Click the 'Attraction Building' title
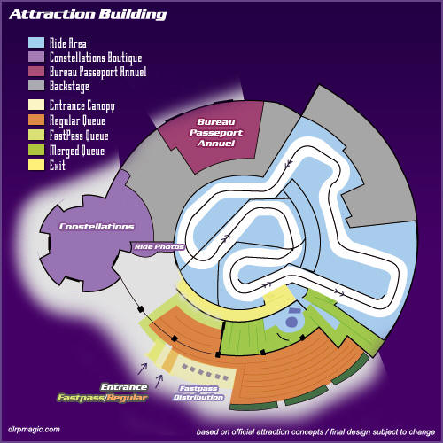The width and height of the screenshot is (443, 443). [x=88, y=14]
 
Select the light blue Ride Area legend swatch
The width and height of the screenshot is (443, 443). [x=36, y=43]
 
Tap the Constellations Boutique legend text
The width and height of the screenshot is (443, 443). [x=96, y=58]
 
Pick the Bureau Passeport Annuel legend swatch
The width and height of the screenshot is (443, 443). [x=36, y=71]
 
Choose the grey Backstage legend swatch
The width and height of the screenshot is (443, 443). [x=36, y=85]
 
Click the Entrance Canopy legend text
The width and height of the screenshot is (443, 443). [x=82, y=106]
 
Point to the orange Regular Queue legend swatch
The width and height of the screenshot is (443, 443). [x=36, y=120]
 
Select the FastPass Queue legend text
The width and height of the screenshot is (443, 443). [x=79, y=136]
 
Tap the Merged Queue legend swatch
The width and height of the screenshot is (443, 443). [x=36, y=150]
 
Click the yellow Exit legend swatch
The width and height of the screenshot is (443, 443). [x=36, y=165]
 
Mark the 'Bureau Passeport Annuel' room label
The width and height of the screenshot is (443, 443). [x=216, y=133]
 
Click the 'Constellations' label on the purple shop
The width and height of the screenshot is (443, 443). [x=97, y=227]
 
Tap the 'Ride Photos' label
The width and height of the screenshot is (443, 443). [x=159, y=246]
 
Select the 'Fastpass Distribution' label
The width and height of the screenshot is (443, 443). [x=198, y=392]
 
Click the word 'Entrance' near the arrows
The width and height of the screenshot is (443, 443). [x=124, y=387]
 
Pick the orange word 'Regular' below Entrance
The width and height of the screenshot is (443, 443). [x=127, y=398]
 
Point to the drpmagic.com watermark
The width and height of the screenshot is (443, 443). [x=34, y=430]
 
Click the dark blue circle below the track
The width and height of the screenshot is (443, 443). [x=291, y=322]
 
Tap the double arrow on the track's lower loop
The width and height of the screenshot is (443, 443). [x=268, y=284]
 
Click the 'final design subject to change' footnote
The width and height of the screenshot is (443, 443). [x=383, y=432]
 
